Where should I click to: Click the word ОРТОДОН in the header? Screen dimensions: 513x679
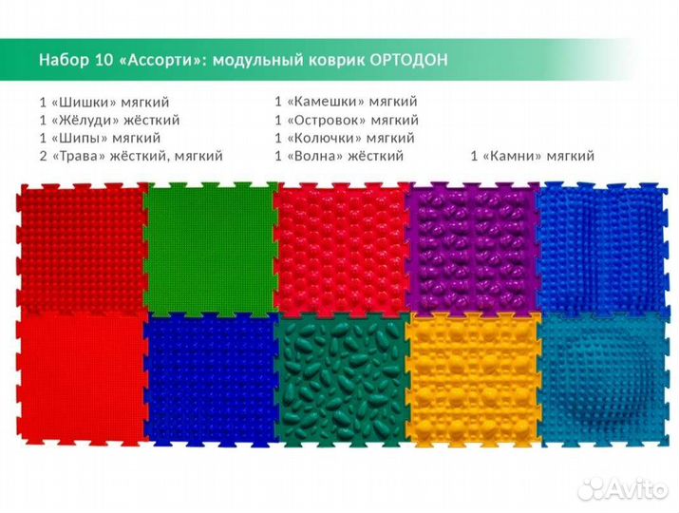(409, 60)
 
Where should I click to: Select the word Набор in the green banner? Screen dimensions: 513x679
(63, 60)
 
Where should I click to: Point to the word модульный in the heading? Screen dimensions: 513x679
(255, 60)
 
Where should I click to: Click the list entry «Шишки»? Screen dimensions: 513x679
(84, 102)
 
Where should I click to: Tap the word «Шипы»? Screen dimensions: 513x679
(81, 138)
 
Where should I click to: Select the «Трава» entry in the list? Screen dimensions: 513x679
(82, 156)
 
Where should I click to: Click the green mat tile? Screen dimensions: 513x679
(208, 247)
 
